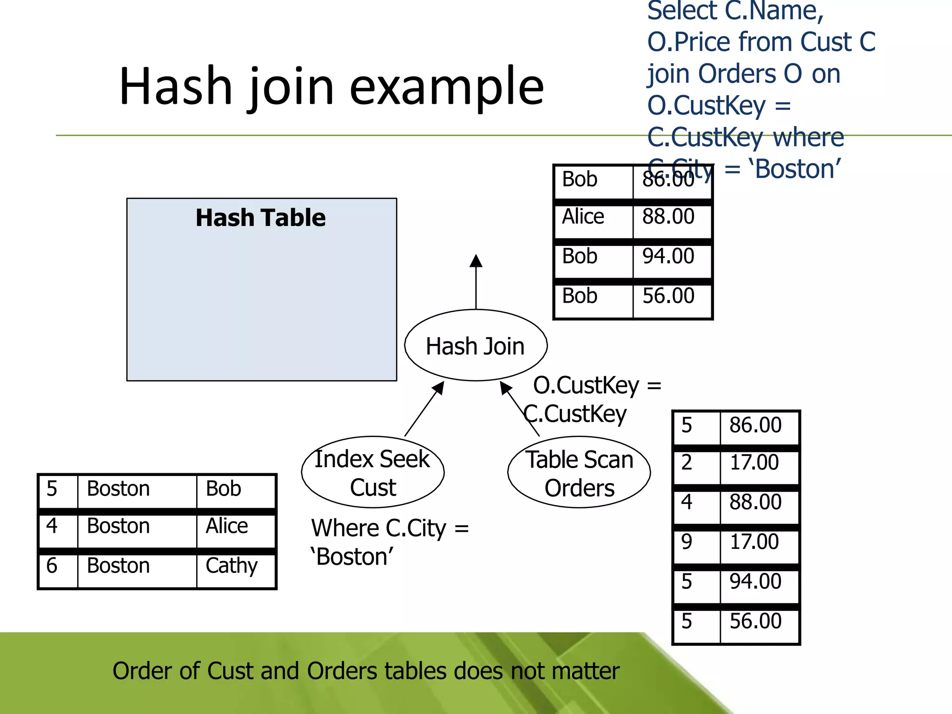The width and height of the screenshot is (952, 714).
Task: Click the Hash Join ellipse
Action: pyautogui.click(x=476, y=346)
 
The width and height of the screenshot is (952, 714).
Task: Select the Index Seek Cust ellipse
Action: pyautogui.click(x=372, y=472)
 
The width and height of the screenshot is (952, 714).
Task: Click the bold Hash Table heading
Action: pyautogui.click(x=260, y=218)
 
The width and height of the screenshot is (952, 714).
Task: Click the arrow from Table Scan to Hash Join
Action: pyautogui.click(x=520, y=409)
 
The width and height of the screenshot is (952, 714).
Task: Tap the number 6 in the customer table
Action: pyautogui.click(x=52, y=566)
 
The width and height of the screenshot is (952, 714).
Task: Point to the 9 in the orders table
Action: pyautogui.click(x=687, y=542)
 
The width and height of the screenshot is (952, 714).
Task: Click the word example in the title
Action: pyautogui.click(x=446, y=86)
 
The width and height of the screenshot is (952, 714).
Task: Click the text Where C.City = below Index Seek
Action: pyautogui.click(x=390, y=529)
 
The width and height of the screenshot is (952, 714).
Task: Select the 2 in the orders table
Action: pyautogui.click(x=687, y=463)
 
